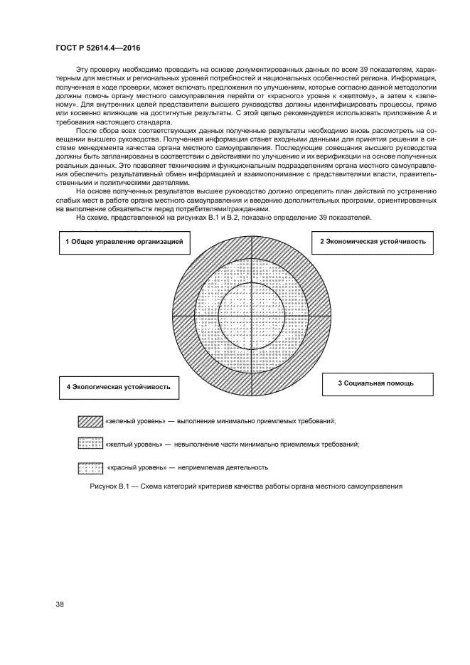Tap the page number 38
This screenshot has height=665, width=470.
click(60, 605)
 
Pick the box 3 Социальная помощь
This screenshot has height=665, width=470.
click(375, 383)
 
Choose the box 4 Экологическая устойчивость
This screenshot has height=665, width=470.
click(118, 387)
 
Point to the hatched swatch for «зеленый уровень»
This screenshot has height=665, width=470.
click(90, 421)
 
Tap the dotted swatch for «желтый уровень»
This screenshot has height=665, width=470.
click(90, 444)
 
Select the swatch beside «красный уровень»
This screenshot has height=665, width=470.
click(90, 467)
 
